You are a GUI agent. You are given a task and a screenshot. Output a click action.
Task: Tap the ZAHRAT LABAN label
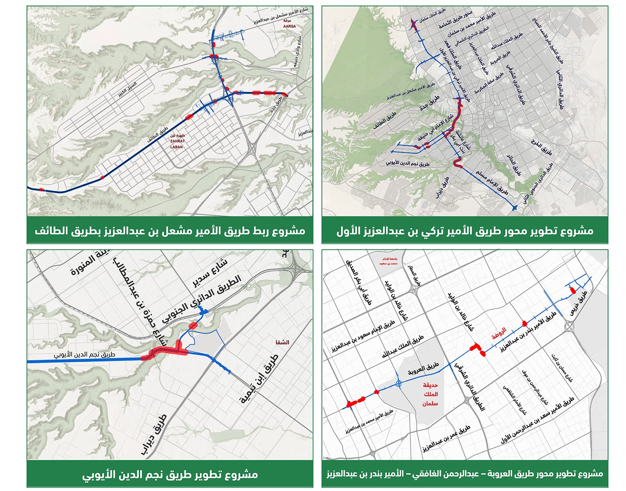[177, 142]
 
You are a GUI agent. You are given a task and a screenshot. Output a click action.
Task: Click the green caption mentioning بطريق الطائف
[170, 230]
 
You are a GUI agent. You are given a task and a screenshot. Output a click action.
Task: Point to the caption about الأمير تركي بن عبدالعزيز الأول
[465, 230]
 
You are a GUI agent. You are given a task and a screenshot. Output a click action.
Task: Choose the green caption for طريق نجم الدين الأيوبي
[170, 475]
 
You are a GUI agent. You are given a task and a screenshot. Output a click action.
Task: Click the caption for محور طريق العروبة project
[465, 474]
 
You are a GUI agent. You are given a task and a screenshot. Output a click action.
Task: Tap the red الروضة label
[499, 333]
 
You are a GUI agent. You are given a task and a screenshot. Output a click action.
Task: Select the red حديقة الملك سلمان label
[430, 394]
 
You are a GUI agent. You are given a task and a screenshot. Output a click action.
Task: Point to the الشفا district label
[282, 342]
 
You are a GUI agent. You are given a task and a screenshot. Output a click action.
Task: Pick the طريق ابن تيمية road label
[259, 379]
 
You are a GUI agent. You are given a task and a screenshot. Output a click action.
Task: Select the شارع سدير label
[210, 272]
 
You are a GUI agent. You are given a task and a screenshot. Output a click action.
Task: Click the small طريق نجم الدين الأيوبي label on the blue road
[85, 355]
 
